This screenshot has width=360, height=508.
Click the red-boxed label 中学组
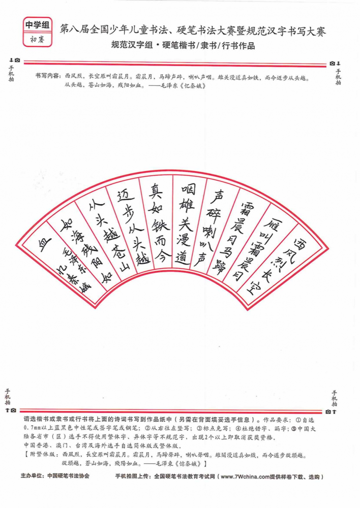[x=37, y=25]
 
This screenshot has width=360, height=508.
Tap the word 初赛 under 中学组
[x=37, y=40]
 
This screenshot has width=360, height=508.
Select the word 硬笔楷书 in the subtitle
[x=178, y=45]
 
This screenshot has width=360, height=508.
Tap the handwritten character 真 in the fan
[x=156, y=192]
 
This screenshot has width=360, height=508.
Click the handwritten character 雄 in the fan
[x=187, y=207]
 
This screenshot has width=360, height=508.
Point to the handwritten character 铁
[x=158, y=227]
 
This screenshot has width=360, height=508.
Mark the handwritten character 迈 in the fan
[x=125, y=195]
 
